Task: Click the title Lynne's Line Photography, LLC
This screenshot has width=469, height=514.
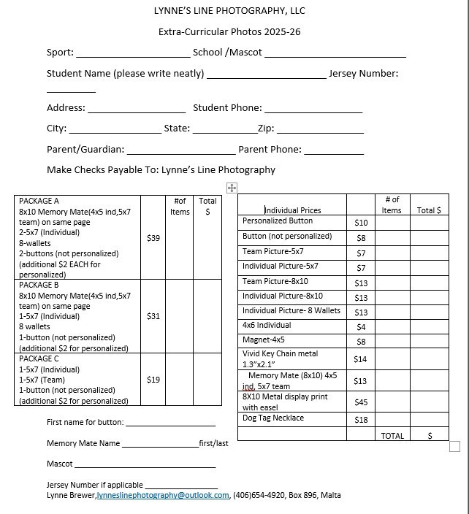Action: [229, 11]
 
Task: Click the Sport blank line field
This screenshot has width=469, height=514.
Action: [132, 54]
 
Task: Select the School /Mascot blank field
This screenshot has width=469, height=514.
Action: [335, 54]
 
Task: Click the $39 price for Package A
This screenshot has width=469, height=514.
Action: [153, 238]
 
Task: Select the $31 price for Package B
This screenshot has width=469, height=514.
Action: [153, 316]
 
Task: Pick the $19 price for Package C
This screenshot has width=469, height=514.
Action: [153, 380]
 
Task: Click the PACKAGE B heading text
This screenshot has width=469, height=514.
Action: [39, 285]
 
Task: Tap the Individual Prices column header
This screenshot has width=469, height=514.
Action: [292, 210]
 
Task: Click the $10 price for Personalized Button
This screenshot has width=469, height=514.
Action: [361, 223]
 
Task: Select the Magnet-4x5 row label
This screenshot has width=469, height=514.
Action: [264, 340]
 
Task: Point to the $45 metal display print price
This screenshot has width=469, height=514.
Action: [361, 402]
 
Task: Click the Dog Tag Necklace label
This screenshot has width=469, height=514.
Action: [273, 418]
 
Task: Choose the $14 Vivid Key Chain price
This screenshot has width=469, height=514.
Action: [360, 359]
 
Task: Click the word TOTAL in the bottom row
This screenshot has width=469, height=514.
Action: [392, 436]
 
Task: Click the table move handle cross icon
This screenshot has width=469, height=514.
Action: [232, 188]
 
